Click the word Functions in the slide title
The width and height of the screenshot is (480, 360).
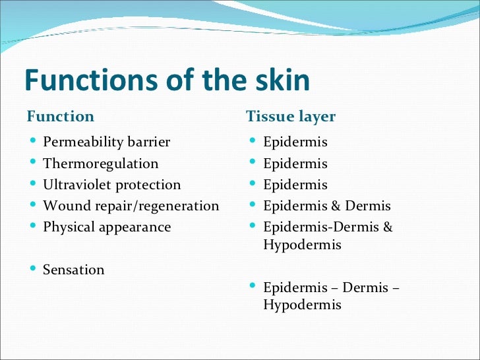(x=90, y=80)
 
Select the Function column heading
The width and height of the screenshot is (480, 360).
(x=60, y=117)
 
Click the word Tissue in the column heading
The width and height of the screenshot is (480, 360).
(x=269, y=117)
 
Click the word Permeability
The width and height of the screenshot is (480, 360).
(x=83, y=142)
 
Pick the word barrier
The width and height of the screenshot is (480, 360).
(x=148, y=142)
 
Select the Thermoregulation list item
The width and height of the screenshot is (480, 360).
(x=100, y=164)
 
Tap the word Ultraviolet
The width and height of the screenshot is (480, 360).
(x=76, y=185)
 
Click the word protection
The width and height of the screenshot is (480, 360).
(x=148, y=185)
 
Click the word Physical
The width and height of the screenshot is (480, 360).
(x=69, y=227)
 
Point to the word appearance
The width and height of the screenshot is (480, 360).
(x=135, y=227)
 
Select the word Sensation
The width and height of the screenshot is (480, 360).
(x=74, y=270)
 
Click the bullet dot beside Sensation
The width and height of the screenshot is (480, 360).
(x=33, y=269)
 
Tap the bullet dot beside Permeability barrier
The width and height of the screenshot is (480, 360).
(x=33, y=142)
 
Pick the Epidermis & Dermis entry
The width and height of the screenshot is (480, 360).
(x=326, y=206)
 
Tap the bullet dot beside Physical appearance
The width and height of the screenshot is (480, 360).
(x=33, y=227)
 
